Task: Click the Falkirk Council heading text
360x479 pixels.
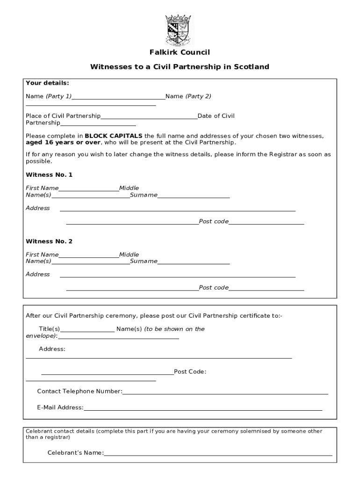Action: [x=180, y=52]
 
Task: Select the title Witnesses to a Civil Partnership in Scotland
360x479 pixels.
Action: [x=180, y=67]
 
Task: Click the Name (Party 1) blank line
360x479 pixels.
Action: [x=118, y=98]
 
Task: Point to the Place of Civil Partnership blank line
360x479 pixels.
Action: [x=149, y=118]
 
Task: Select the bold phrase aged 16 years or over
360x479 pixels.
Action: [x=63, y=142]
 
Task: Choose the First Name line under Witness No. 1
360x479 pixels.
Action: [x=89, y=190]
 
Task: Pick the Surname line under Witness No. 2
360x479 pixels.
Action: [x=194, y=263]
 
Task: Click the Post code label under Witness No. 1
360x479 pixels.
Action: [x=214, y=221]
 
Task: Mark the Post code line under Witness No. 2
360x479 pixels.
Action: [x=266, y=290]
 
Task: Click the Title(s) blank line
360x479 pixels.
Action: [x=87, y=331]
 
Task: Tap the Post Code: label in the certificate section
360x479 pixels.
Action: [x=190, y=372]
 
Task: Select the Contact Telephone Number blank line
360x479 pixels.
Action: [x=225, y=393]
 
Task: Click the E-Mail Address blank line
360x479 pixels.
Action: [x=203, y=410]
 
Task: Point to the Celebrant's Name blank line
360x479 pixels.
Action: [x=218, y=455]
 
